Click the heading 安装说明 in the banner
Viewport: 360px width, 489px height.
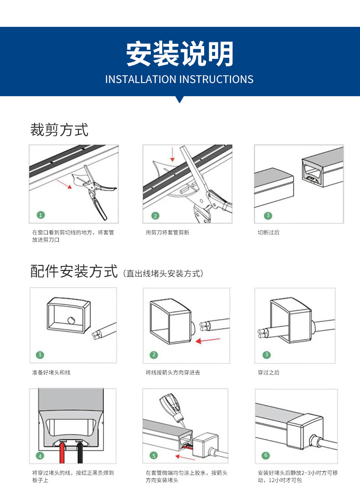click(x=180, y=54)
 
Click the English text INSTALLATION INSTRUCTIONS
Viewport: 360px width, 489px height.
click(x=179, y=79)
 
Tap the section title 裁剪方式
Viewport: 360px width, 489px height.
click(x=59, y=130)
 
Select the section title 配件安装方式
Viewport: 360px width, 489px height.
click(x=74, y=272)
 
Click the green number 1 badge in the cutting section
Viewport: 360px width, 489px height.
click(x=41, y=214)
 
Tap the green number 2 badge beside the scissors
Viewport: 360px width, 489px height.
click(x=155, y=216)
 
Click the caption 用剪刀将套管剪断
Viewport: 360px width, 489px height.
click(x=167, y=233)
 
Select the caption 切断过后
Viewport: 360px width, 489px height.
click(x=268, y=233)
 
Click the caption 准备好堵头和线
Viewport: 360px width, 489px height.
click(x=51, y=373)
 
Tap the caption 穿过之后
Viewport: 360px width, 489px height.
click(x=268, y=373)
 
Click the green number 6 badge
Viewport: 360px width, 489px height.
click(x=267, y=455)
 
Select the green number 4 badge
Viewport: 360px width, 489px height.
click(x=40, y=456)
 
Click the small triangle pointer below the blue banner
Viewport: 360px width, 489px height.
click(x=180, y=99)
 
